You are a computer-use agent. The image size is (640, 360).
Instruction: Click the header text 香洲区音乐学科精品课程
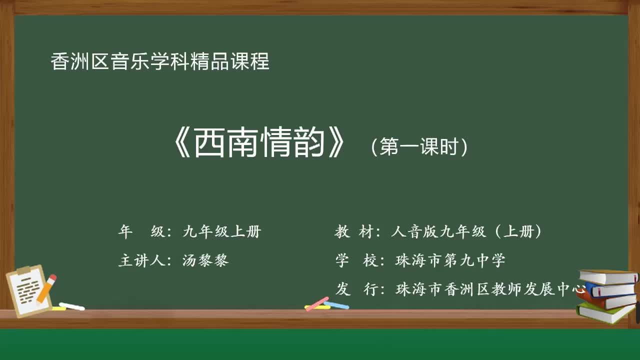[160, 61]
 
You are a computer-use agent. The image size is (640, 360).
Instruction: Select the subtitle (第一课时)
[419, 147]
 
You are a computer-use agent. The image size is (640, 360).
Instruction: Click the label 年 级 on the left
[140, 231]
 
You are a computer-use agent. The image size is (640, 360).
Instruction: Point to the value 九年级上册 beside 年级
[222, 231]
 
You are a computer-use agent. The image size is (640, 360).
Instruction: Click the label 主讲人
[141, 260]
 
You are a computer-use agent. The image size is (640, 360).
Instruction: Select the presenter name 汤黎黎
[206, 260]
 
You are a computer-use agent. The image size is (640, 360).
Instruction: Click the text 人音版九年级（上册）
[467, 231]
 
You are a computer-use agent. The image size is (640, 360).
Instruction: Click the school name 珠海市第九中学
[450, 260]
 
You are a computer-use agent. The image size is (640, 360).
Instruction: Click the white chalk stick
[72, 306]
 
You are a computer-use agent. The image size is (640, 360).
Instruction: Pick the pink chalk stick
[317, 303]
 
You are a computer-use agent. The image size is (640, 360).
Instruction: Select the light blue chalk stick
[336, 304]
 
